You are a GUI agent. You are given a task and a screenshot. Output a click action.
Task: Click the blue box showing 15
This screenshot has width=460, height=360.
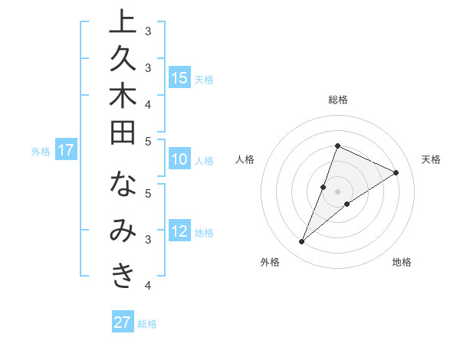tap(179, 78)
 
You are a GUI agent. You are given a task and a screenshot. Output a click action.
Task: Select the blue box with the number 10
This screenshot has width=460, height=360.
tap(179, 160)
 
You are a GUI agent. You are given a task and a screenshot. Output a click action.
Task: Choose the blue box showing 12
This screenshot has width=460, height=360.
tap(179, 232)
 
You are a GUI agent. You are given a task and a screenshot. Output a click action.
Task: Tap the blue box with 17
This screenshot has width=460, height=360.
tap(66, 151)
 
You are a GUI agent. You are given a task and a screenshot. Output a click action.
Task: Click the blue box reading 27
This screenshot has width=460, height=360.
tap(123, 322)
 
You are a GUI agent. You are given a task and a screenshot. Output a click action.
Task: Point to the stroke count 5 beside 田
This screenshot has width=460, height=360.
tap(148, 141)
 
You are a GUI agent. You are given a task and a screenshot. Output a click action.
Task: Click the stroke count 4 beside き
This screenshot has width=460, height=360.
tap(148, 286)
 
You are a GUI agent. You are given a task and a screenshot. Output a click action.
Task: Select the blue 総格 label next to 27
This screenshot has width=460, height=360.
tap(147, 324)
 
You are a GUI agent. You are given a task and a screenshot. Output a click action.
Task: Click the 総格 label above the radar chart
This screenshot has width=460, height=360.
tap(337, 100)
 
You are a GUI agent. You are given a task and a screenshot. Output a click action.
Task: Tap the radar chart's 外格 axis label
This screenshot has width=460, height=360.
tap(270, 263)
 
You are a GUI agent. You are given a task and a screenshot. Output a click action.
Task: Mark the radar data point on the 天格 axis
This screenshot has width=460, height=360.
tap(396, 173)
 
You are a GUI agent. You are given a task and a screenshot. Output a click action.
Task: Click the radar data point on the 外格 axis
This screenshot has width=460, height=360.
tap(302, 242)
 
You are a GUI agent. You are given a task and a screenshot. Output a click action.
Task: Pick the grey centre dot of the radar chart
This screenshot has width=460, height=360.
tap(337, 191)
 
